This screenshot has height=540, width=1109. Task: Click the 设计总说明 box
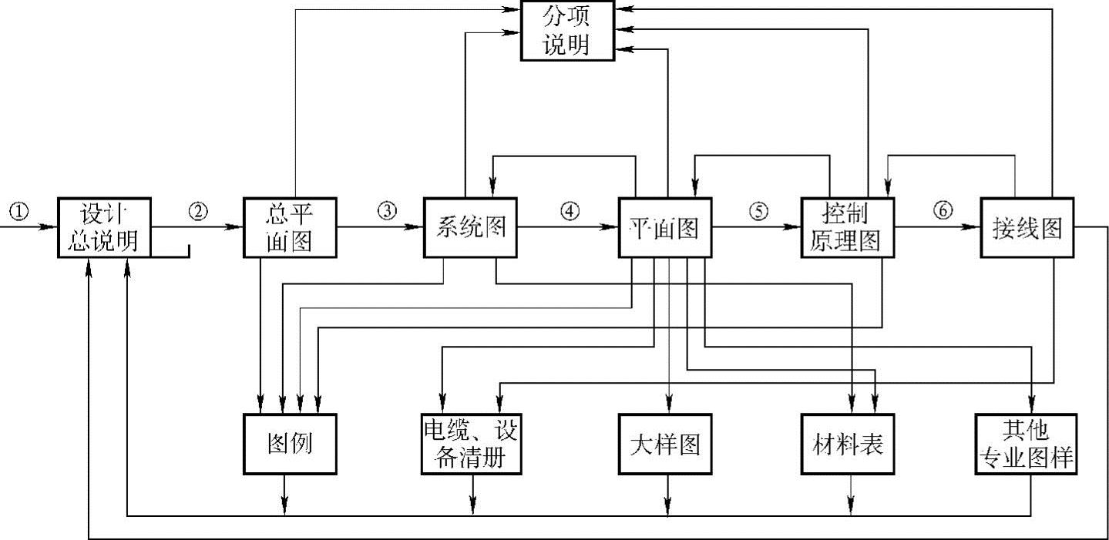coord(103,228)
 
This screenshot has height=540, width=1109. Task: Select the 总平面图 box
coord(291,228)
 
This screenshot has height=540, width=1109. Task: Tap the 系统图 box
coord(470,228)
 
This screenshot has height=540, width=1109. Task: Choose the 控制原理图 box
coord(848,228)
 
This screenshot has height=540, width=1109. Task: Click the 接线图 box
coord(1026,228)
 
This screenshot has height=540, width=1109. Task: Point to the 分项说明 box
coord(568,31)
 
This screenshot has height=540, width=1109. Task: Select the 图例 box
coord(291,444)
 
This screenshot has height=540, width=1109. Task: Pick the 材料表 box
coord(848,444)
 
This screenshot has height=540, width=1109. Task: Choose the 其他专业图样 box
coord(1026,444)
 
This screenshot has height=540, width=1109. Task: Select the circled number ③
coord(387,211)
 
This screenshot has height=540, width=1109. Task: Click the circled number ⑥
coord(943,211)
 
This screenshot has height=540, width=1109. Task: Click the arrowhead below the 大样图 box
coord(668,505)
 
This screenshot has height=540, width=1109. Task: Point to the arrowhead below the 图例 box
coord(286,505)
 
